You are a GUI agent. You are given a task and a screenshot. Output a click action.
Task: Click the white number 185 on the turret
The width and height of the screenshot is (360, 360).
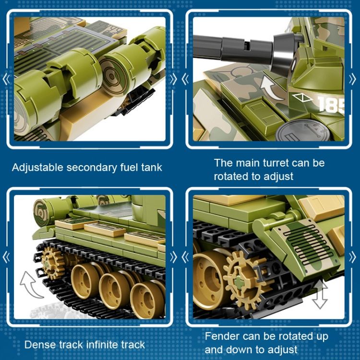(331, 105)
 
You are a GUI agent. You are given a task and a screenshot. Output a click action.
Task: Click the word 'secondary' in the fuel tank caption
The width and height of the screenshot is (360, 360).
(92, 168)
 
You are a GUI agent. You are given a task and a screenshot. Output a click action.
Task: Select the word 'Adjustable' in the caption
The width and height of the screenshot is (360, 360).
(37, 168)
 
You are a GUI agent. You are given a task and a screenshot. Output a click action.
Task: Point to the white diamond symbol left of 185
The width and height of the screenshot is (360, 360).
(302, 97)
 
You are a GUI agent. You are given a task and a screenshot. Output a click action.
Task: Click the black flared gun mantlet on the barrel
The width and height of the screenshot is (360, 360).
(285, 53)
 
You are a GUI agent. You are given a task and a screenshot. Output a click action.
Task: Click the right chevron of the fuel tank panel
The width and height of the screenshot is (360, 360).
(174, 79)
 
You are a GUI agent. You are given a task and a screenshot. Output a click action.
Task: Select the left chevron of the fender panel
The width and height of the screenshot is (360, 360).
(185, 257)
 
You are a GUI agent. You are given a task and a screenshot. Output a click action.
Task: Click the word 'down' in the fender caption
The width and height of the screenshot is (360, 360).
(238, 349)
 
